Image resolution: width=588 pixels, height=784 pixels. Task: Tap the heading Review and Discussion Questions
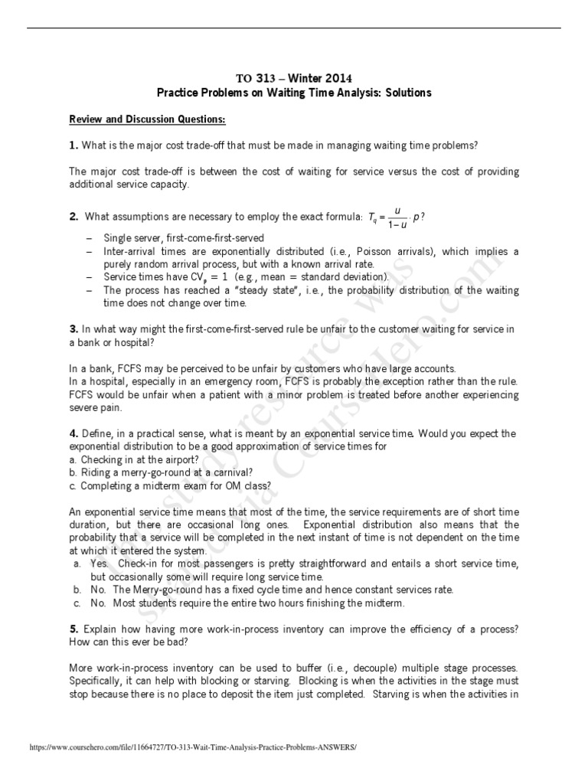point(147,120)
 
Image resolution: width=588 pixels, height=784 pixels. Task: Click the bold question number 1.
point(73,145)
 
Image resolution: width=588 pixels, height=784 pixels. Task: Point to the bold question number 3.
point(73,328)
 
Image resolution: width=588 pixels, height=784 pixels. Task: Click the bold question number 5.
point(73,629)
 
